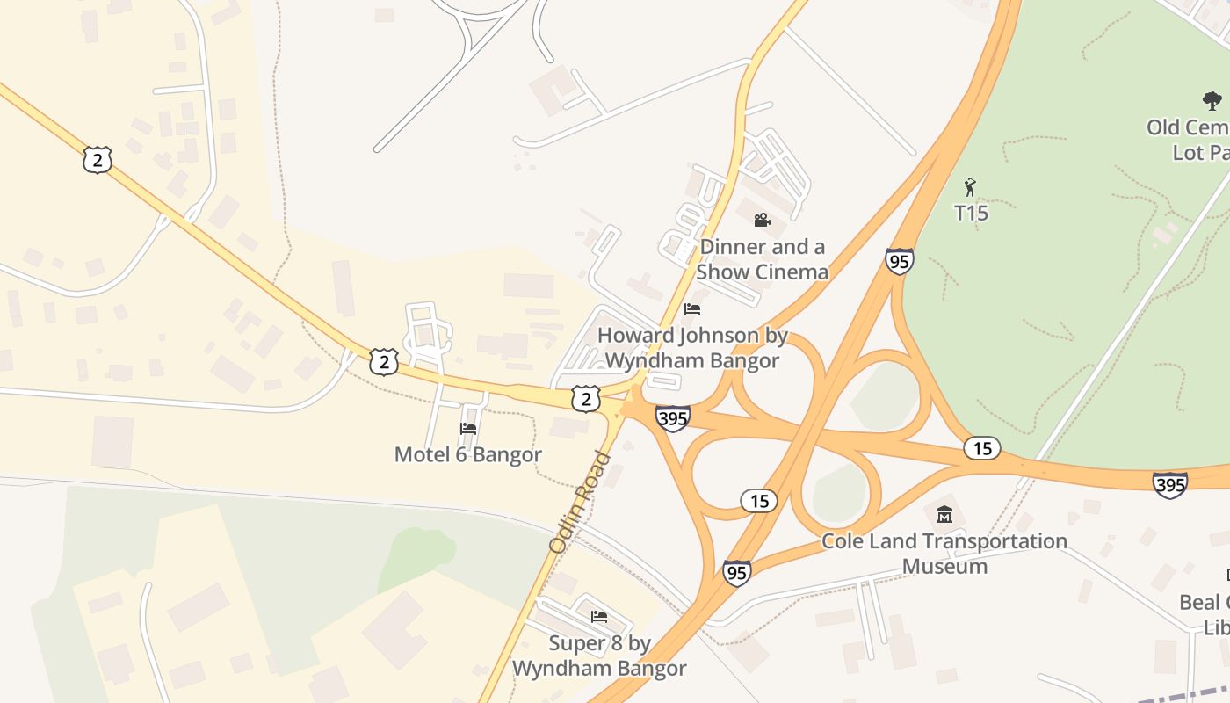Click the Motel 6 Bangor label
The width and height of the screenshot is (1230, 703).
pos(467,454)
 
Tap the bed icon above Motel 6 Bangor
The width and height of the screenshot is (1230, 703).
pos(468,429)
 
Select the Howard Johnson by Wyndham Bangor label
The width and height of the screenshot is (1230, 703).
pos(692,348)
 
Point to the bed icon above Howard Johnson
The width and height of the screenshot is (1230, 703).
pos(692,309)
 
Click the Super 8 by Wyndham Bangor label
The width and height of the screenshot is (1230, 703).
pos(599,656)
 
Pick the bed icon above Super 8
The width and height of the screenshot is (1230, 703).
pos(599,617)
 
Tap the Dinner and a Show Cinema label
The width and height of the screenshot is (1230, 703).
pos(763,258)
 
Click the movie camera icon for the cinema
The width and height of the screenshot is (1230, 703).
pos(762,220)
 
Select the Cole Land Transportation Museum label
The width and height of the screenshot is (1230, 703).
pos(944,553)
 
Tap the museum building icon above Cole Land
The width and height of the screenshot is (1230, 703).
pos(944,514)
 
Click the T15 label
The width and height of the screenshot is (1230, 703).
pos(971,213)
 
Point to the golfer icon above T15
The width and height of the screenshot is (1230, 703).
pos(970,187)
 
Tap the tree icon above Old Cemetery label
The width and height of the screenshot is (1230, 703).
pos(1212,101)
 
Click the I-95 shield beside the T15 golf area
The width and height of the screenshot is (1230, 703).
pos(899,261)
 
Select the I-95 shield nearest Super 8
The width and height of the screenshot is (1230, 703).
pos(737,573)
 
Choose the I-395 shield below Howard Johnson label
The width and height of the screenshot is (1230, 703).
pos(672,418)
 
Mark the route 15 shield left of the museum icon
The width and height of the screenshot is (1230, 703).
pos(758,501)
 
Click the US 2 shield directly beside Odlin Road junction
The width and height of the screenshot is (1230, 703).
pos(585,398)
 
